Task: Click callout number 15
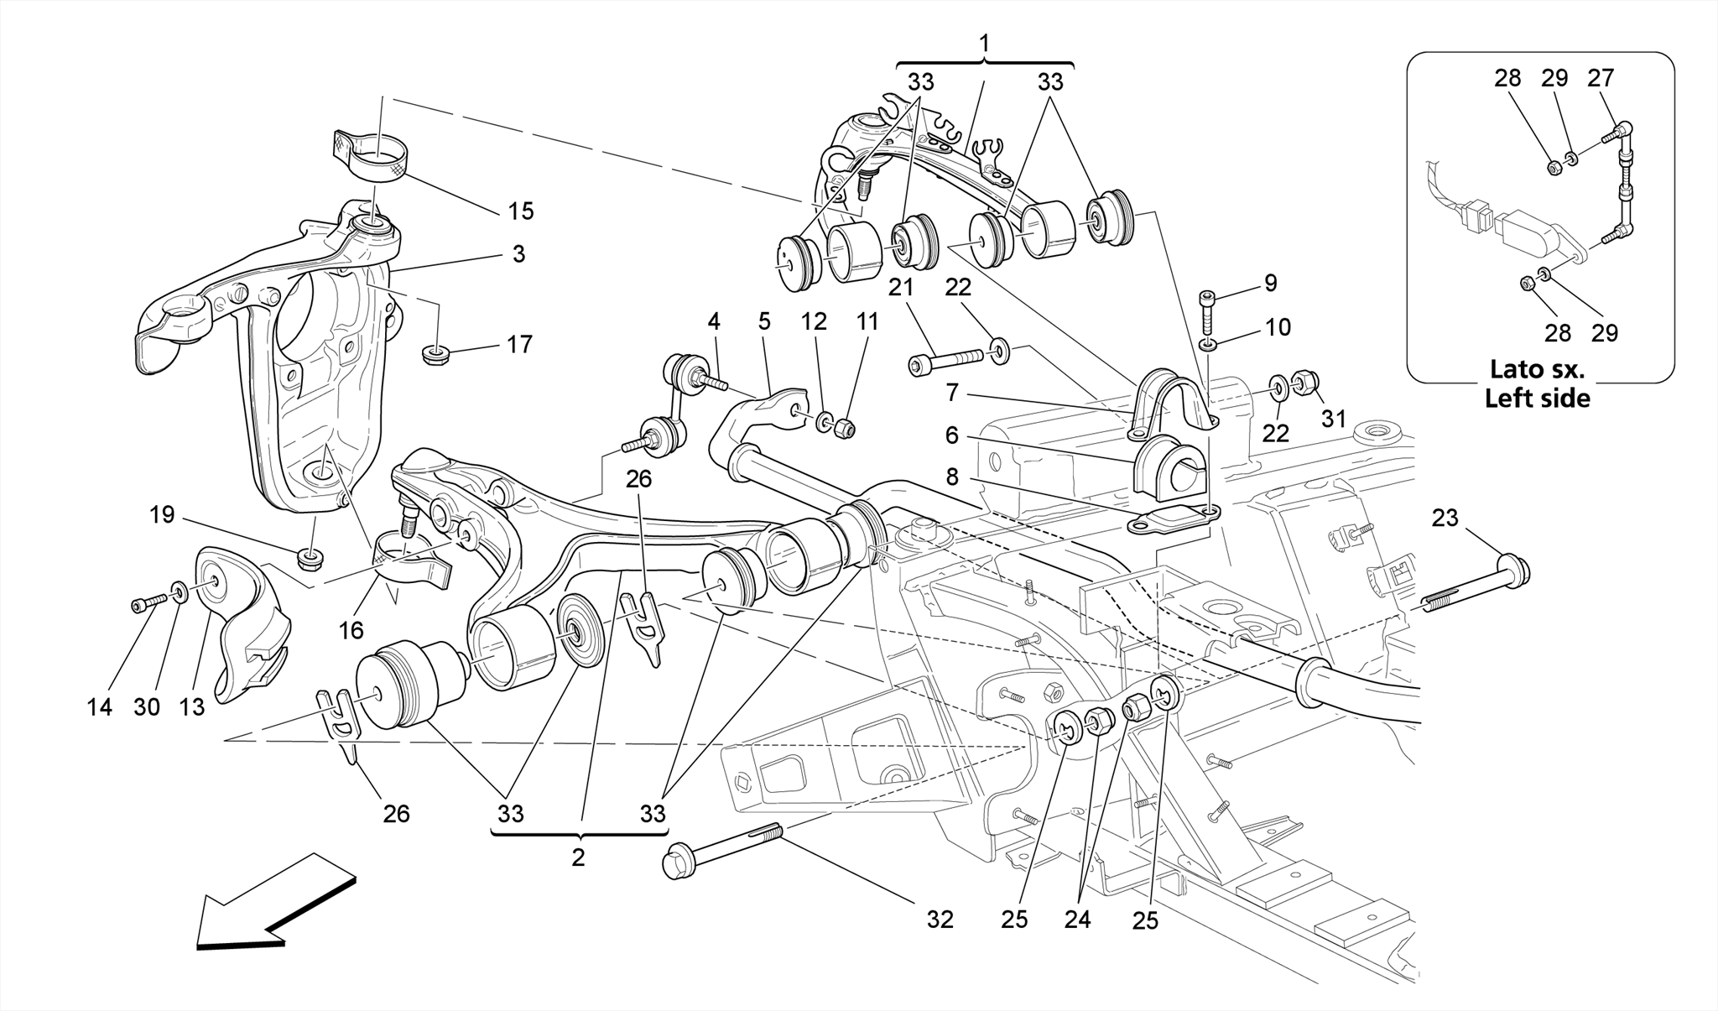(x=521, y=211)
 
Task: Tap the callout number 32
(x=940, y=920)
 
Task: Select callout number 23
(x=1445, y=519)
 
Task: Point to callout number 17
(x=519, y=344)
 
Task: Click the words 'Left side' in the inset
(x=1537, y=398)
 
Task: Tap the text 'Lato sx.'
(x=1537, y=369)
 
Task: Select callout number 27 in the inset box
(x=1601, y=78)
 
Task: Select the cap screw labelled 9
(x=1206, y=312)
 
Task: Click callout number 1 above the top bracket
(x=985, y=42)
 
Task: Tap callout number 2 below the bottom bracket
(x=578, y=857)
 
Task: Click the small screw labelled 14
(x=144, y=603)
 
